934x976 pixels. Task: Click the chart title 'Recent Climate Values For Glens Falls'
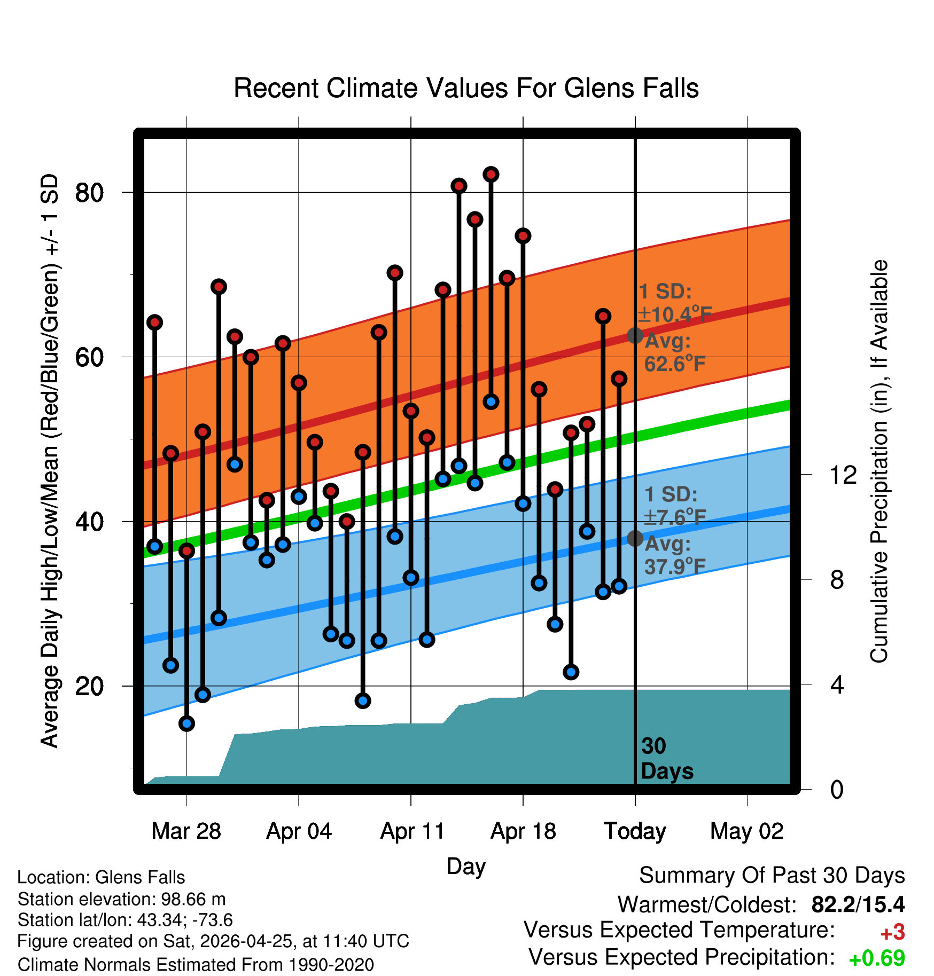click(466, 88)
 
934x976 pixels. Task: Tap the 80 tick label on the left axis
click(90, 192)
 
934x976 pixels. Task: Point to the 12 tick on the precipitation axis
click(843, 475)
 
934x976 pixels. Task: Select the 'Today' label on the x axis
click(635, 831)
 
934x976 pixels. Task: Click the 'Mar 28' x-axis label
click(186, 831)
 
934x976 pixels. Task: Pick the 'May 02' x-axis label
click(746, 831)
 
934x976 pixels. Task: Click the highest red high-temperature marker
click(491, 174)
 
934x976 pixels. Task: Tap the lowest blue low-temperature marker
click(186, 723)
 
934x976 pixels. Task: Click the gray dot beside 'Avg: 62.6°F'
click(635, 335)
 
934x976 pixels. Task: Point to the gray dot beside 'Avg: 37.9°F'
click(635, 538)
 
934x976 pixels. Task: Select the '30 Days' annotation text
click(667, 759)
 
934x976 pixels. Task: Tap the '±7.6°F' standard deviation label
click(674, 516)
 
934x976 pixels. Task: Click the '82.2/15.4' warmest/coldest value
click(858, 904)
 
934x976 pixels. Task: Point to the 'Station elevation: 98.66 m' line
click(122, 899)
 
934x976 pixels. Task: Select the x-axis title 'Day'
click(466, 867)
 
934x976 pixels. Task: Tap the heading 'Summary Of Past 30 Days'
click(772, 876)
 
